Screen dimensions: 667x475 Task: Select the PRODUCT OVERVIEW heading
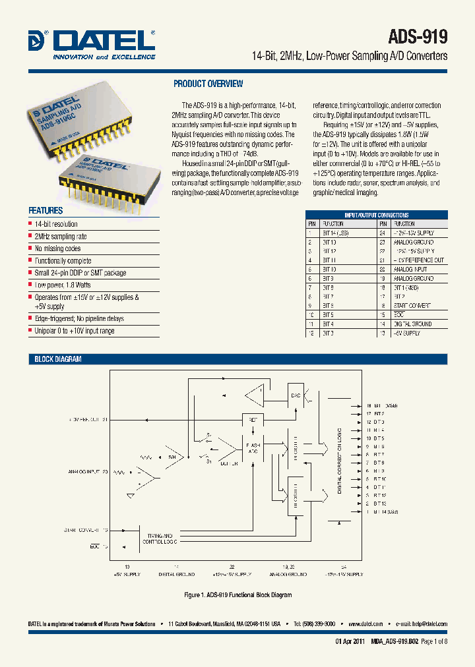[208, 84]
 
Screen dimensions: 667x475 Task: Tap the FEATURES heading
[46, 211]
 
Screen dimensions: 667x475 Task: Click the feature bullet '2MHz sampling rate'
[61, 237]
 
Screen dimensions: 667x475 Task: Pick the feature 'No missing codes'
[58, 248]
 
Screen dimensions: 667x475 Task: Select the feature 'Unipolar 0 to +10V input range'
[75, 331]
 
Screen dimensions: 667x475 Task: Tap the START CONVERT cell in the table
[412, 306]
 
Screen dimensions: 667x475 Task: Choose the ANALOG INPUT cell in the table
[410, 270]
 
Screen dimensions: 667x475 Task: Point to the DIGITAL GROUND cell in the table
[412, 324]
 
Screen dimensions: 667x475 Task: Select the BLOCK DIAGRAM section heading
[58, 359]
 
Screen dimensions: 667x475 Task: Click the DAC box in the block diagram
[296, 395]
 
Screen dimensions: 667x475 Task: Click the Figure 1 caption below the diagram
[237, 595]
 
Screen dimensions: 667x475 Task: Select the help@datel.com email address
[428, 623]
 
